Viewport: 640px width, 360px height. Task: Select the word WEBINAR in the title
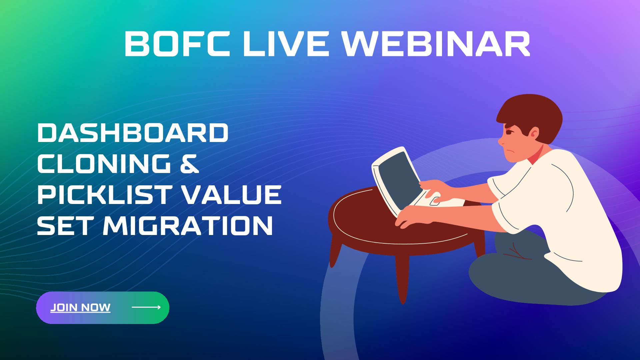437,44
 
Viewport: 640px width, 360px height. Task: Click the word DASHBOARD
133,133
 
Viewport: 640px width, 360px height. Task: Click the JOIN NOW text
80,307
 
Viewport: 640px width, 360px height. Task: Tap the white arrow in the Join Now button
146,307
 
